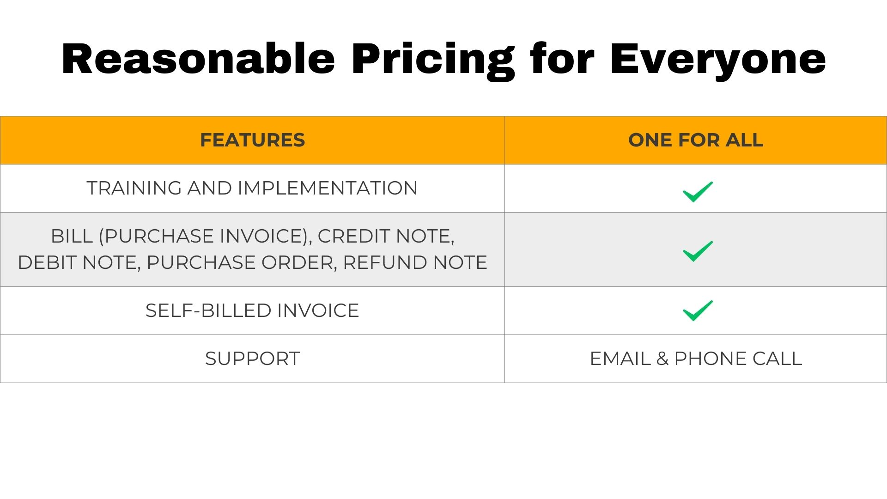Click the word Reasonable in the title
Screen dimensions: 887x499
(198, 59)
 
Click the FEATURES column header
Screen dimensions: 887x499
(252, 140)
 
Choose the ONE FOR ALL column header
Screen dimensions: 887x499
(696, 140)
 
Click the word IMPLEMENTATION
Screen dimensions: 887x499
(328, 188)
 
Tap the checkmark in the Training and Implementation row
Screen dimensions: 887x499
(698, 192)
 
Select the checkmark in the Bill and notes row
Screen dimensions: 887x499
(698, 251)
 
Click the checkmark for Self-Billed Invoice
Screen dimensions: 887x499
(698, 310)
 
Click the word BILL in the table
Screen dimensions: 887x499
(72, 236)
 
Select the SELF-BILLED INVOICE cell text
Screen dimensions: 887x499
(252, 310)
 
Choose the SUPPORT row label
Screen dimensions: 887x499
(252, 359)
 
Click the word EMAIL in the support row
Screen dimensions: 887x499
(620, 359)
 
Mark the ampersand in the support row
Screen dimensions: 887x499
(662, 359)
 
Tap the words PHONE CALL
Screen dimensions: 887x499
(738, 359)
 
